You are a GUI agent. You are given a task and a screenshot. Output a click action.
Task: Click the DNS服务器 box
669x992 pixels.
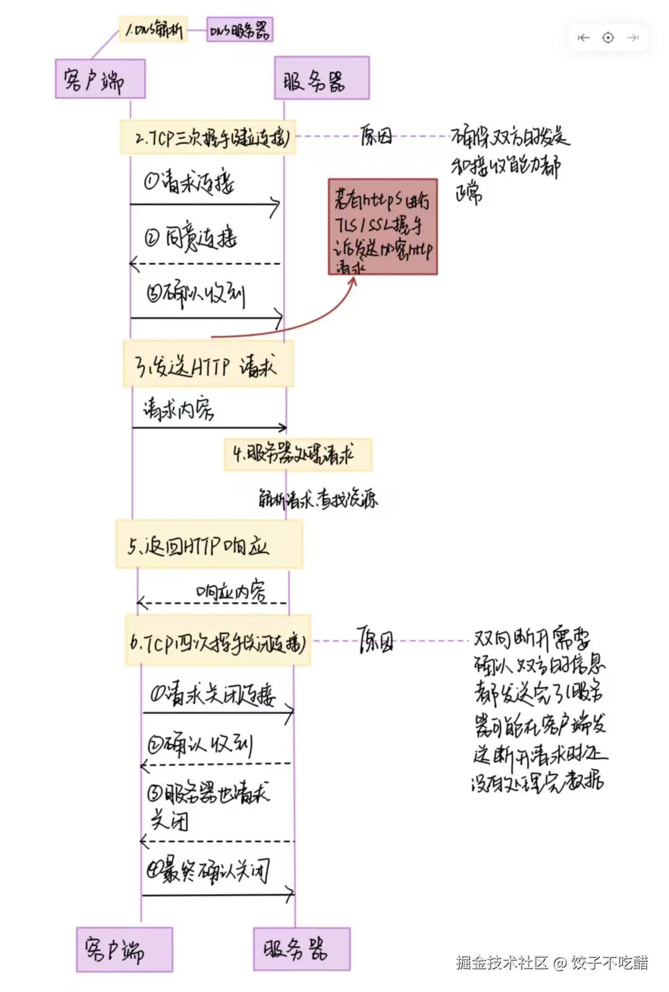coord(239,30)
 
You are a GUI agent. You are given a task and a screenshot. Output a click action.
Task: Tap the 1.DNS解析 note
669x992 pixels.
coord(153,29)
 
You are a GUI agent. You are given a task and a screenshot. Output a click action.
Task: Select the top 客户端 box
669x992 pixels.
coord(100,79)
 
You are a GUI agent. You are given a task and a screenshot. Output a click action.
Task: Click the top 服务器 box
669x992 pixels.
coord(321,79)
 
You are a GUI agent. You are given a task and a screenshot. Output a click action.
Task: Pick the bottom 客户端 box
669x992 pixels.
coord(124,949)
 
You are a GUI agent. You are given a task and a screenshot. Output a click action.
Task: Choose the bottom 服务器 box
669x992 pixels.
coord(302,949)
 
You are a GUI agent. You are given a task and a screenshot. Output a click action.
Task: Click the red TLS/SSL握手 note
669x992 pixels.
coord(383,227)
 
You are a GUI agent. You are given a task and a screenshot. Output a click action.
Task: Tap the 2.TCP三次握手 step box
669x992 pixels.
coord(208,138)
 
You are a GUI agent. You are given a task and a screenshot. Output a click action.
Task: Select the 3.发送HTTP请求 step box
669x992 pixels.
coord(208,364)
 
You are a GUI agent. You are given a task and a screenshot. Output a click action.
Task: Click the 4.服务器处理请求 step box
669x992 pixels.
coord(298,455)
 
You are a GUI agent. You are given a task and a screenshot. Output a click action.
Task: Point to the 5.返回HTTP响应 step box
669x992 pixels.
coord(209,544)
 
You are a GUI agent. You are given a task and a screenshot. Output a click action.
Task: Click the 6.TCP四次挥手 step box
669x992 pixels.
coord(217,641)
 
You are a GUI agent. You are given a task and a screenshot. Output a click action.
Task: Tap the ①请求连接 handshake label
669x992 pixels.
coord(190,182)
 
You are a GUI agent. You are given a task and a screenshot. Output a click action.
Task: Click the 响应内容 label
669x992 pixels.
coord(230,592)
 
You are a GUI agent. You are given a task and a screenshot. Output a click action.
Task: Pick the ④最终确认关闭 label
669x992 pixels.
coord(208,871)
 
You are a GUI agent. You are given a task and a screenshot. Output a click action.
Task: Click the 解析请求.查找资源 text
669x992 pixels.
coord(318,499)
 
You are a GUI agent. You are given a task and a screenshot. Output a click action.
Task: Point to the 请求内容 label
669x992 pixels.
coord(178,408)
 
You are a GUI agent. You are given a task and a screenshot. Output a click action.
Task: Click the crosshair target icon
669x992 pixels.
coord(608,38)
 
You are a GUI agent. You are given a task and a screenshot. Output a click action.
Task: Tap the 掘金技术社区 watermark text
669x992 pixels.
coord(502,962)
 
